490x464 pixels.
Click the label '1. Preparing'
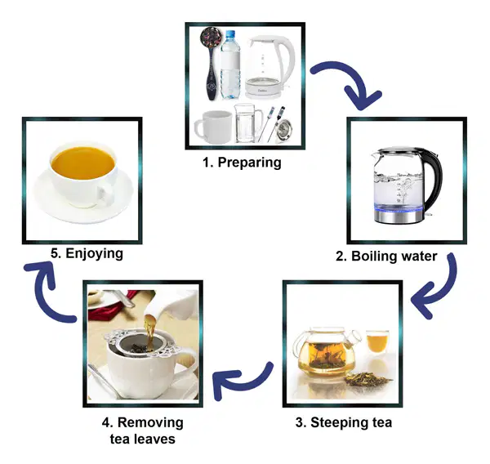tap(242, 163)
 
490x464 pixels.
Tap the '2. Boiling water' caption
tap(386, 256)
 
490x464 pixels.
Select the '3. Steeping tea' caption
tap(344, 422)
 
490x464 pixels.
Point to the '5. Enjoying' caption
tap(87, 253)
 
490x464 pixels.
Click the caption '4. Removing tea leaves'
tap(142, 431)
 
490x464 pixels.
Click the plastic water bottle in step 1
tap(230, 65)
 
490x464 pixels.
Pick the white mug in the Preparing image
tap(213, 127)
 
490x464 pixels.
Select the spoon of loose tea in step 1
tap(212, 63)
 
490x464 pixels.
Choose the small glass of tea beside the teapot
tap(377, 341)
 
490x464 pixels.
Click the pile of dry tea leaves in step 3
tap(368, 379)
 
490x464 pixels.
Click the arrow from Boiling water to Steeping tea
tap(443, 291)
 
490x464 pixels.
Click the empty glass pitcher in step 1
tap(247, 123)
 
